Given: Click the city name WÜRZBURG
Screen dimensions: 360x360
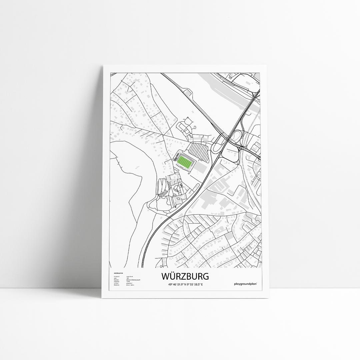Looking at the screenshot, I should (x=185, y=276).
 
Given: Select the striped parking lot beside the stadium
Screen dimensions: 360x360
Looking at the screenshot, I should (x=198, y=151).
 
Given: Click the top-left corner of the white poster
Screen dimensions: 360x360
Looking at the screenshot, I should (x=103, y=65).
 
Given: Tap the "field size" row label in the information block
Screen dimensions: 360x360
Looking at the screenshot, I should (x=117, y=285).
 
